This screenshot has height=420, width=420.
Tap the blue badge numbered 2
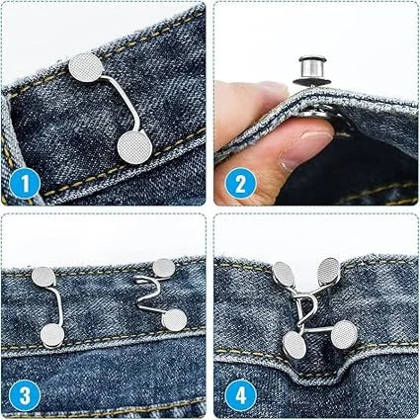238,183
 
